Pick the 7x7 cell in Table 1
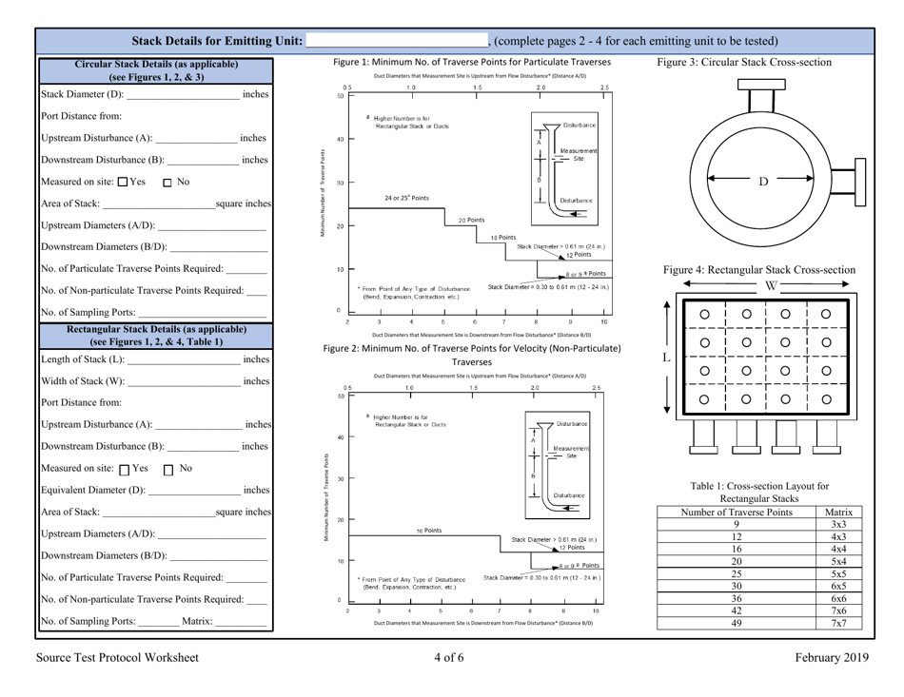(839, 624)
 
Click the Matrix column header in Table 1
(839, 512)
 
